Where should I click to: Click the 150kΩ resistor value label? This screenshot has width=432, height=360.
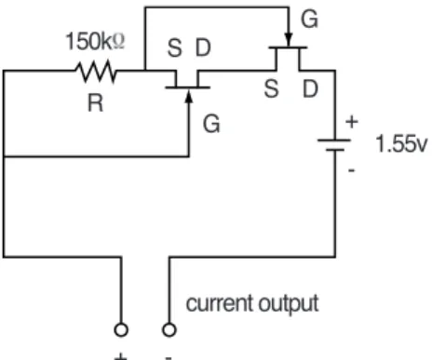coord(95,41)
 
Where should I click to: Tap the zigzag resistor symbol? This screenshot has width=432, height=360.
coord(96,72)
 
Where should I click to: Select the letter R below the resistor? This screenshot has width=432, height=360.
coord(95,103)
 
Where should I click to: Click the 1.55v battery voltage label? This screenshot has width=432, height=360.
coord(401,143)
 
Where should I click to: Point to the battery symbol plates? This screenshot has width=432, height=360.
coord(334,145)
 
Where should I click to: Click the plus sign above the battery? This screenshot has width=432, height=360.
coord(352,122)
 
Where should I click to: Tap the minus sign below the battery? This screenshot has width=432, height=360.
coord(352,170)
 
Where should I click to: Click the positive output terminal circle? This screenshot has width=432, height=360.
coord(121,329)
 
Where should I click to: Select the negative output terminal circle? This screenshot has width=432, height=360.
coord(169,329)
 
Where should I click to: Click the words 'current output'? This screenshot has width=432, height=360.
coord(252,303)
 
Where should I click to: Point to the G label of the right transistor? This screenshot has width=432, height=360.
coord(309,20)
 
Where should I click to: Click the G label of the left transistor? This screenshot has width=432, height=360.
coord(211,124)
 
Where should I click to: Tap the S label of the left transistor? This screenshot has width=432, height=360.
coord(174,48)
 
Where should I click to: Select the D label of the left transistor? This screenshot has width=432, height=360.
coord(203,47)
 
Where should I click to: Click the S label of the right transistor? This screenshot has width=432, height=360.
coord(271,89)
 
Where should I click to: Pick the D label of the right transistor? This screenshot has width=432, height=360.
coord(310,89)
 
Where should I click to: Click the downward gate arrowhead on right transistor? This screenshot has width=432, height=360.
coord(289,40)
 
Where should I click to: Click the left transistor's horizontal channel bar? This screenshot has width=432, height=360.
coord(188,87)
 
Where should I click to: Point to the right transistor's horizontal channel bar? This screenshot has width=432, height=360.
coord(288,47)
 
